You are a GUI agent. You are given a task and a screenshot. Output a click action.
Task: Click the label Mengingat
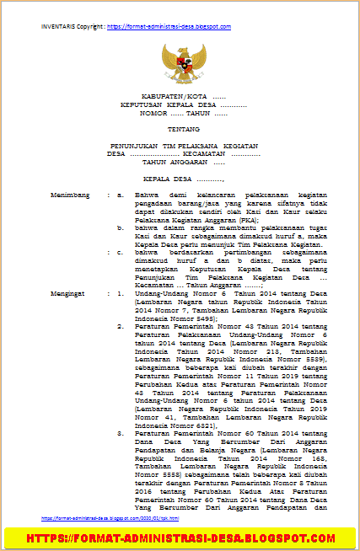tap(68, 292)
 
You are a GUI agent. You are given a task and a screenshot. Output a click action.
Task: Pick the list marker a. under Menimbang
tap(121, 195)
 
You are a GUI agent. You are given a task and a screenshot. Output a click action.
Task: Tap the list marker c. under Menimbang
tap(121, 252)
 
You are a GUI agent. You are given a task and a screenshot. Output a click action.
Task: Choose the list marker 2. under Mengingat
tap(121, 325)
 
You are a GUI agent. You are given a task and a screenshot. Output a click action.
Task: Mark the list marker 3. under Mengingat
tap(121, 431)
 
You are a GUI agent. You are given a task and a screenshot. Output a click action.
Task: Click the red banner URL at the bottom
tap(180, 537)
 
